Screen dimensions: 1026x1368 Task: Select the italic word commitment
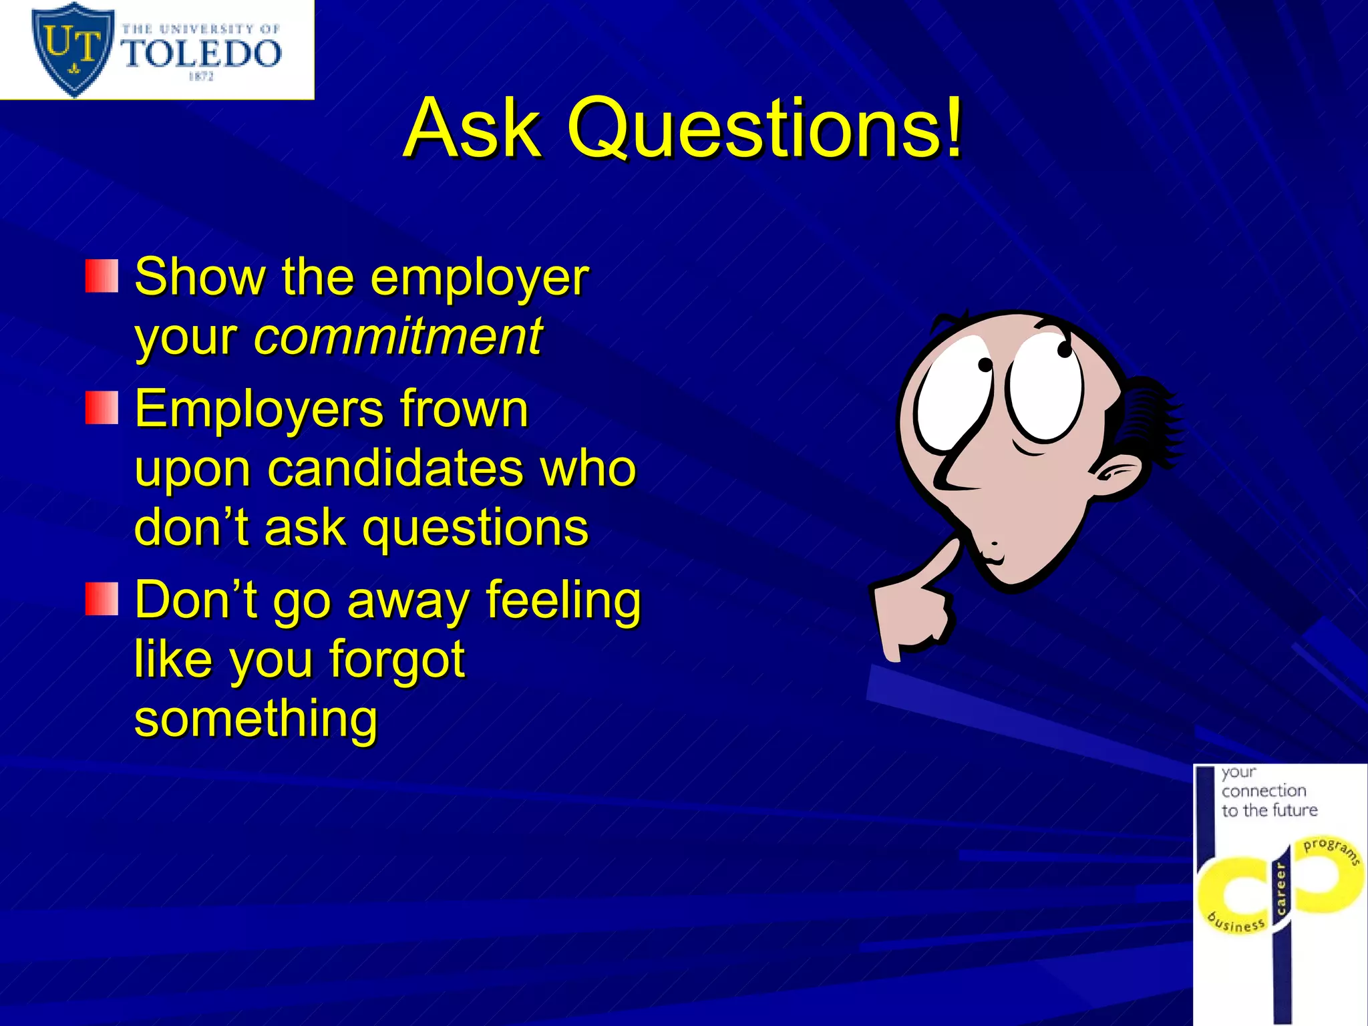tap(398, 336)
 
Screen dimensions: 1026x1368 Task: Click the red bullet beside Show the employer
tap(102, 277)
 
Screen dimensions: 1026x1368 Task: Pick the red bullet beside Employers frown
tap(102, 408)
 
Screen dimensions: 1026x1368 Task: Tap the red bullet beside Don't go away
tap(102, 598)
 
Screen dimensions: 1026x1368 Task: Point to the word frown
tap(464, 408)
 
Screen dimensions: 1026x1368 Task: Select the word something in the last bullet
tap(256, 718)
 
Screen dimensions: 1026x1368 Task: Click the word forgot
tap(396, 659)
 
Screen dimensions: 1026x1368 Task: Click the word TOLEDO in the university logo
tap(202, 53)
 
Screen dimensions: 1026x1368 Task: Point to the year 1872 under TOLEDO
tap(201, 77)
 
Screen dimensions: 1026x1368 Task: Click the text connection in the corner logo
tap(1264, 791)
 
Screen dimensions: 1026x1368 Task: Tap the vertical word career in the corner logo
tap(1280, 888)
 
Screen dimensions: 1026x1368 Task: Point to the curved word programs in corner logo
tap(1331, 849)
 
